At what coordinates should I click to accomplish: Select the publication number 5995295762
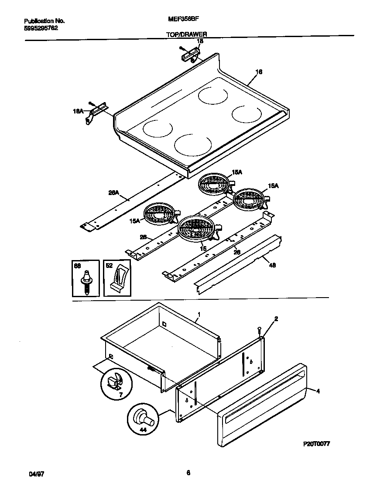tap(41, 27)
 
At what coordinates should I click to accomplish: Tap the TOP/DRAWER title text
tap(186, 34)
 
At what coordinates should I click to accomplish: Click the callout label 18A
tap(78, 112)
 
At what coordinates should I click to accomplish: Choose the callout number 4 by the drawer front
tap(318, 391)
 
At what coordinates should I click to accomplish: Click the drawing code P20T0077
tap(316, 443)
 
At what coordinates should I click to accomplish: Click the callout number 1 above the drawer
tap(199, 314)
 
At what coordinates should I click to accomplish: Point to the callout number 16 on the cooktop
tap(259, 72)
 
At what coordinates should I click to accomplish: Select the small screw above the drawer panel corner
tap(259, 329)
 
